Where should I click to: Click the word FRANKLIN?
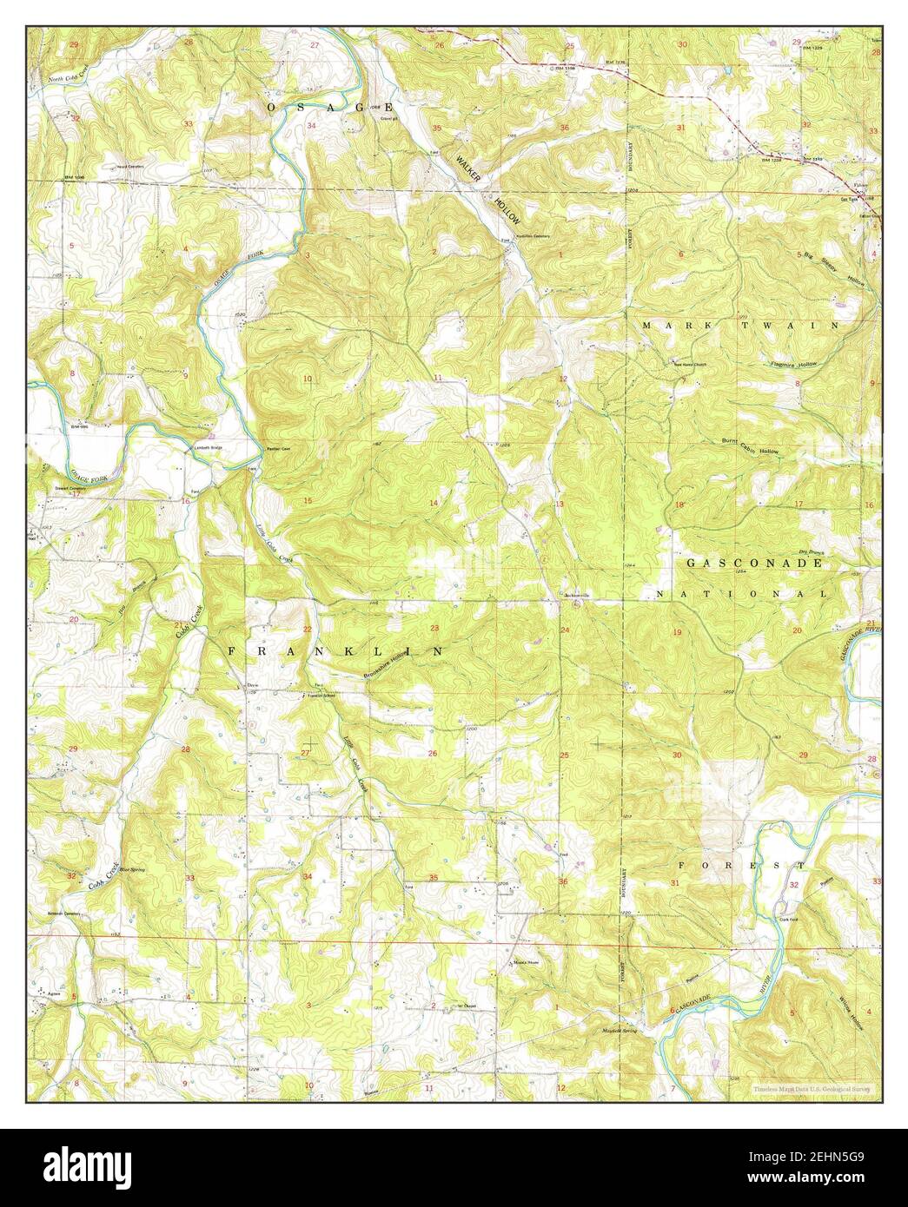pos(335,650)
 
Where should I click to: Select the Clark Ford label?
pos(788,906)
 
